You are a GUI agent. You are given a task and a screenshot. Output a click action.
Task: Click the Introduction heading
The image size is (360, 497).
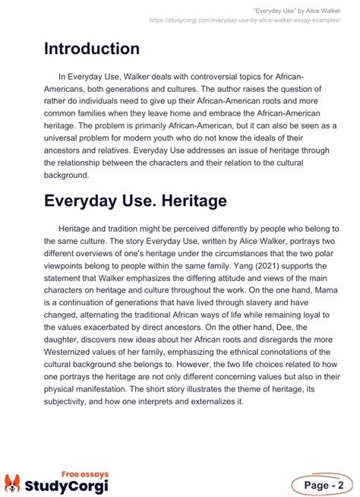click(92, 49)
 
